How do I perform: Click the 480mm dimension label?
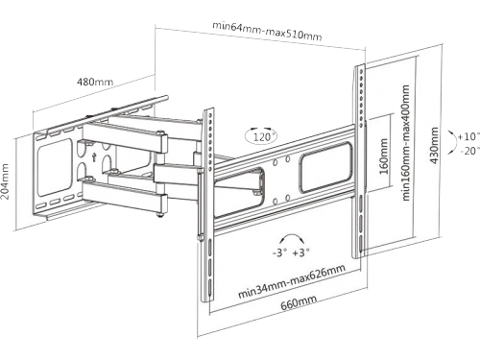[x=95, y=82]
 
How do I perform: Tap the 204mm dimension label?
[x=6, y=181]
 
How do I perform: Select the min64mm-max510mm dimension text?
[x=267, y=31]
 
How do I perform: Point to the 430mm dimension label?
[x=434, y=146]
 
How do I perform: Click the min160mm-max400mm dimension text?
[x=406, y=143]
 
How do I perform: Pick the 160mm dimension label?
[x=384, y=156]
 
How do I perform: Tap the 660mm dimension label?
[x=299, y=302]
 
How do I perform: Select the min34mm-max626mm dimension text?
[x=292, y=281]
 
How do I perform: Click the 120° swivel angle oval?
[x=262, y=136]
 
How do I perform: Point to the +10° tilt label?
[x=468, y=137]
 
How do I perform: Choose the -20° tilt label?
[x=469, y=151]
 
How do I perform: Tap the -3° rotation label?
[x=277, y=252]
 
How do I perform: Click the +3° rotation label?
[x=300, y=252]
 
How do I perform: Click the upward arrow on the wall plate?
[x=94, y=156]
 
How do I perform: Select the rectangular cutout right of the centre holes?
[x=325, y=168]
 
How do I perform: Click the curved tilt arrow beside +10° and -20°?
[x=454, y=143]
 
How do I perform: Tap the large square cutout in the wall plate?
[x=56, y=167]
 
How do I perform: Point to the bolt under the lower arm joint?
[x=159, y=215]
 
